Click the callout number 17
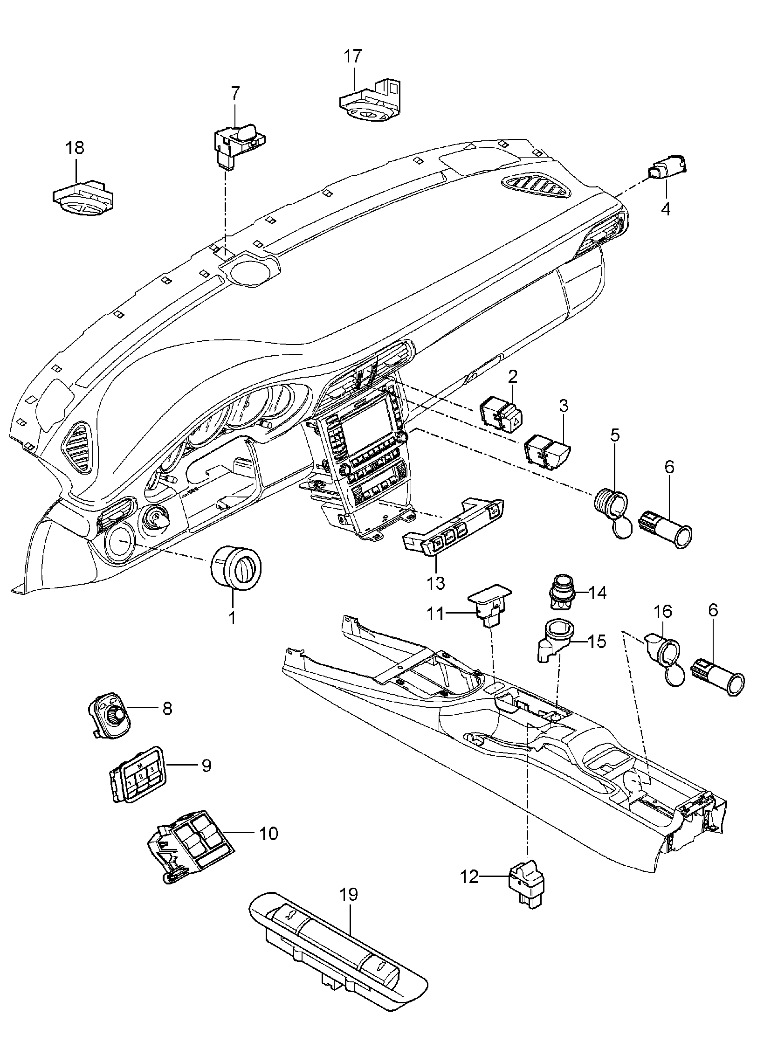pyautogui.click(x=353, y=56)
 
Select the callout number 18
pyautogui.click(x=75, y=148)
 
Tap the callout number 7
pyautogui.click(x=234, y=93)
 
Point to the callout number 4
pyautogui.click(x=666, y=208)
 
